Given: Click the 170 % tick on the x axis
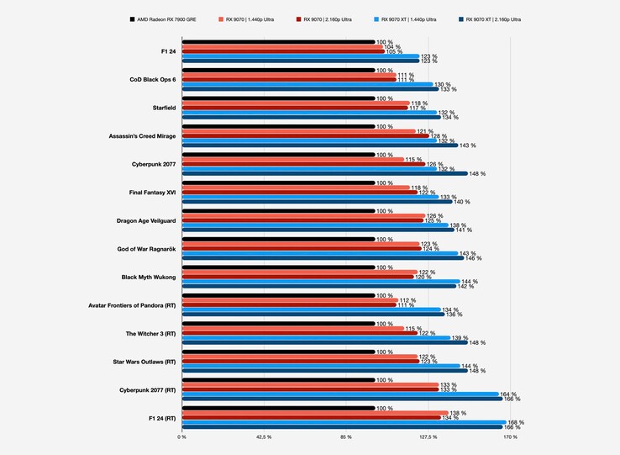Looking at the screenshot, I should tap(510, 437).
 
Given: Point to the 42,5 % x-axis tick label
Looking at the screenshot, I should tap(263, 437).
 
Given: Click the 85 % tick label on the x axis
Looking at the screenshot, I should tap(346, 437).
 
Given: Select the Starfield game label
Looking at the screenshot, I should tap(157, 108).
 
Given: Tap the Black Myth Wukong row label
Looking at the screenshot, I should tap(149, 277).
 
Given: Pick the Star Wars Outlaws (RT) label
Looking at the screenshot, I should tap(145, 362).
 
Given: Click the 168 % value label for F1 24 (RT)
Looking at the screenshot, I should tap(516, 423).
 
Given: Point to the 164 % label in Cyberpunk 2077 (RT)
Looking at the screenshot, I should tap(508, 394).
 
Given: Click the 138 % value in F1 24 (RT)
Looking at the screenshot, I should tap(458, 413).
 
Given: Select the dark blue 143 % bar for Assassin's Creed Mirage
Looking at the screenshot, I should tap(319, 145).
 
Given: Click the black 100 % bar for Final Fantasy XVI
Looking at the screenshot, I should tap(277, 183).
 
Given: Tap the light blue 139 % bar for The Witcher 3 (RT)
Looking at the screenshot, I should tap(315, 338).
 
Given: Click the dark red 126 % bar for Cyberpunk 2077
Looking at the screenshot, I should tap(302, 164).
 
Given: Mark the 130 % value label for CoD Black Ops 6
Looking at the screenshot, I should tap(442, 84).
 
